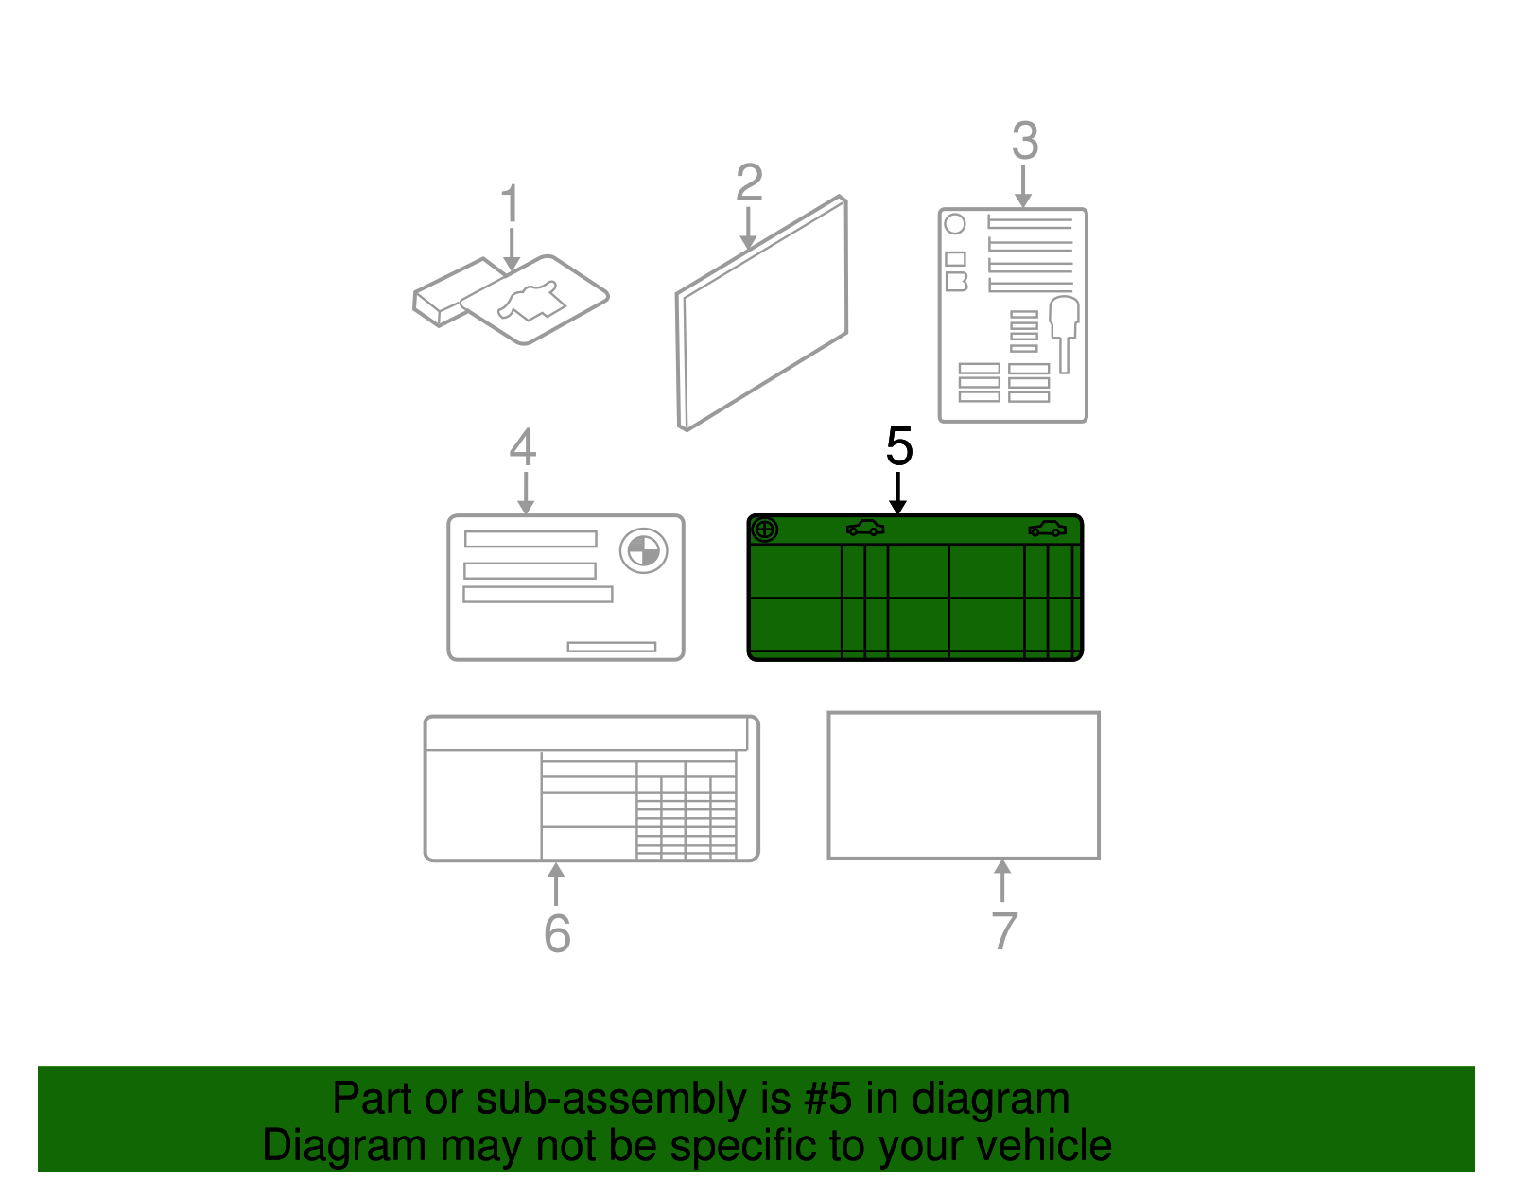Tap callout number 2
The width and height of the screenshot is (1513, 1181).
pyautogui.click(x=749, y=182)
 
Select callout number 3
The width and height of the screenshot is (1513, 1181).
pyautogui.click(x=1025, y=141)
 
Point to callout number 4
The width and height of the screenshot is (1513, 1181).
pyautogui.click(x=523, y=446)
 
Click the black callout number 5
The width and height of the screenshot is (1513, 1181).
pyautogui.click(x=899, y=446)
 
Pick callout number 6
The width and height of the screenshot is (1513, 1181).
pyautogui.click(x=557, y=933)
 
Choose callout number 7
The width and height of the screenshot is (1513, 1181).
pyautogui.click(x=1004, y=931)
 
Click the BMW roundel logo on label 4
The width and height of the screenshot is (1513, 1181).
pyautogui.click(x=643, y=551)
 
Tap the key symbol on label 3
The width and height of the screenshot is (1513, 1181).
pyautogui.click(x=1064, y=334)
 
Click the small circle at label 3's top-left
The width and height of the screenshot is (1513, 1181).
pyautogui.click(x=954, y=224)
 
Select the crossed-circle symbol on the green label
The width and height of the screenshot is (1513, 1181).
pyautogui.click(x=764, y=530)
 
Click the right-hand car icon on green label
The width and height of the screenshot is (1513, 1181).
pyautogui.click(x=1047, y=529)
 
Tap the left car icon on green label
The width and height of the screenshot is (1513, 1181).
pyautogui.click(x=864, y=529)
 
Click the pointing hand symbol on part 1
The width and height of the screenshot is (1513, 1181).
pyautogui.click(x=531, y=302)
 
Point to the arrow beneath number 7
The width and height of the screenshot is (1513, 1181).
pyautogui.click(x=1002, y=880)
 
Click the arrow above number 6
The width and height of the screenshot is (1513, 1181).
pyautogui.click(x=556, y=884)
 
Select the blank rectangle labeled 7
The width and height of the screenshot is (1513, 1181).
pyautogui.click(x=964, y=785)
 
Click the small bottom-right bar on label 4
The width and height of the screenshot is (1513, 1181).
pyautogui.click(x=611, y=647)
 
